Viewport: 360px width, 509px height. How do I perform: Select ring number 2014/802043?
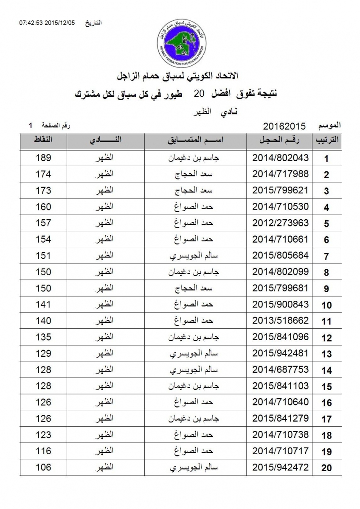click(x=280, y=158)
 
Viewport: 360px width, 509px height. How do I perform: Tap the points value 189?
click(x=43, y=158)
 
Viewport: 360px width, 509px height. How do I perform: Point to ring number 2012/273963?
click(x=280, y=223)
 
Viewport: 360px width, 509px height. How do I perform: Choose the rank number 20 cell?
click(x=326, y=468)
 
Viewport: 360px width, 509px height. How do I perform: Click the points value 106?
click(x=43, y=467)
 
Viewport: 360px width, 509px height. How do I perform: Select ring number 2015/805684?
click(x=280, y=255)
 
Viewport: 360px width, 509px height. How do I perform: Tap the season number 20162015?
click(x=284, y=126)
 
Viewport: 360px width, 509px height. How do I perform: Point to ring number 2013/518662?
click(x=280, y=321)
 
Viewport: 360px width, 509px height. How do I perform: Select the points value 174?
click(x=43, y=174)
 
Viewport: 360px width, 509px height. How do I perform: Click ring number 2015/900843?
click(x=280, y=304)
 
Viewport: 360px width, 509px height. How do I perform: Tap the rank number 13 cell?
click(x=326, y=354)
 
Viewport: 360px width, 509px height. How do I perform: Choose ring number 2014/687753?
click(x=280, y=369)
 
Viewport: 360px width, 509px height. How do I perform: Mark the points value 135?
click(x=43, y=337)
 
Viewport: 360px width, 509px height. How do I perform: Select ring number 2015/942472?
click(x=280, y=467)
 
